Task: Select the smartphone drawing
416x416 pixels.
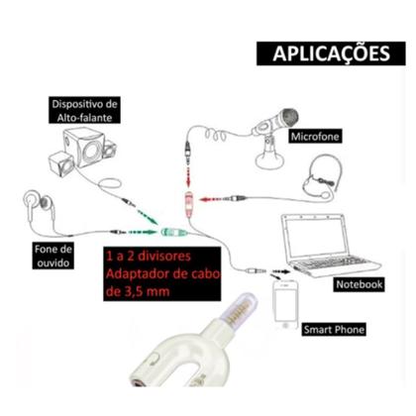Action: click(286, 303)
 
